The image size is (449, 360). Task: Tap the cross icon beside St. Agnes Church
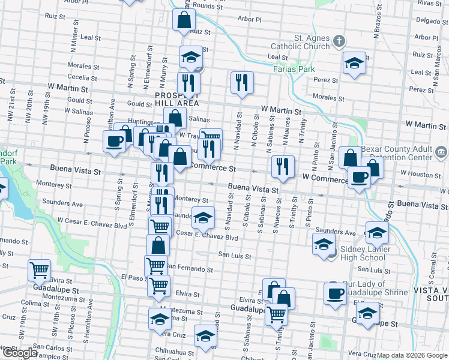(339, 42)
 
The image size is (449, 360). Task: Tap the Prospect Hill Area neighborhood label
(176, 100)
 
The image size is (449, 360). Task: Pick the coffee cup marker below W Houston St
(360, 177)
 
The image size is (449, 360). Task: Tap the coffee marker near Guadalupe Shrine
(336, 293)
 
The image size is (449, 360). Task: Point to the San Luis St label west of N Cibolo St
(234, 256)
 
